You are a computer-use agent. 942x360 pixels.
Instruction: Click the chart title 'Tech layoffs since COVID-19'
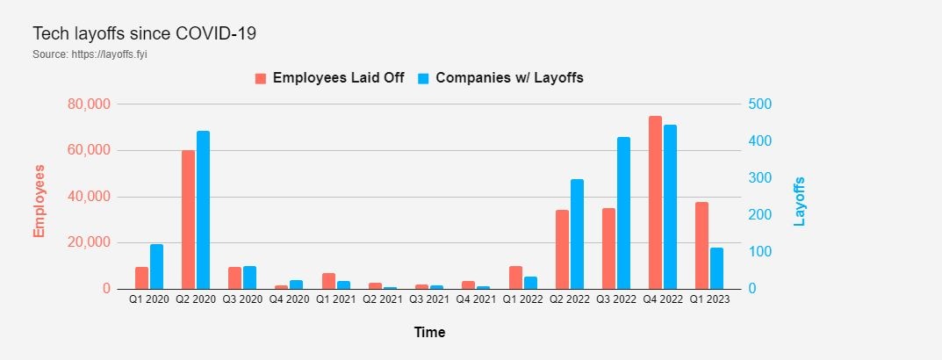tap(144, 34)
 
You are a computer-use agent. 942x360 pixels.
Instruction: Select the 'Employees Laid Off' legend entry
tap(330, 77)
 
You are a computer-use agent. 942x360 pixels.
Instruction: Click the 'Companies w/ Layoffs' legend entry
tap(500, 77)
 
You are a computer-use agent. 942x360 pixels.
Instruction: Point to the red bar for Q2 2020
tap(188, 220)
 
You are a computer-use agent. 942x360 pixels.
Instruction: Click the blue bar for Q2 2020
tap(204, 210)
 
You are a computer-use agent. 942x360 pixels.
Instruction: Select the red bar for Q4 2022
tap(655, 202)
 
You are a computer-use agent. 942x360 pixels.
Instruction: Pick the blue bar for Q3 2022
tap(624, 212)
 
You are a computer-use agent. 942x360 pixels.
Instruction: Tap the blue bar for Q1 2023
tap(717, 268)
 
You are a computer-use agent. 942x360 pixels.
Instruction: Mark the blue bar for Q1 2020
tap(156, 266)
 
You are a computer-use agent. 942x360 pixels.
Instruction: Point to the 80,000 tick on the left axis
tap(88, 104)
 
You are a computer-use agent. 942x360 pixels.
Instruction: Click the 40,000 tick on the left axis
tap(88, 197)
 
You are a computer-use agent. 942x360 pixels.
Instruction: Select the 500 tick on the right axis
tap(760, 104)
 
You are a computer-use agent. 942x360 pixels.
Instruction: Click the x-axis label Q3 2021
tap(428, 300)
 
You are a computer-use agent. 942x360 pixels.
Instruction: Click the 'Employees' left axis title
tap(40, 199)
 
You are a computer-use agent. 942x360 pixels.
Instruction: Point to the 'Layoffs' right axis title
tap(800, 201)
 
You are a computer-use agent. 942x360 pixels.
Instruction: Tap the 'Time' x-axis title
tap(429, 333)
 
